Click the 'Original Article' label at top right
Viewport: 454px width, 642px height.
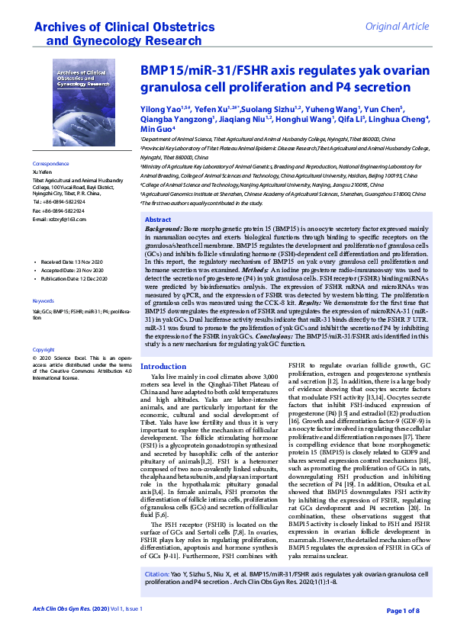(x=398, y=27)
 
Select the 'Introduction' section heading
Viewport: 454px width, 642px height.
(x=163, y=367)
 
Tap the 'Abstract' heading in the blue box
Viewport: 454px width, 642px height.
(x=158, y=220)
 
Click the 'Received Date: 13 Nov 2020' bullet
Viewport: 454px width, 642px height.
(x=72, y=262)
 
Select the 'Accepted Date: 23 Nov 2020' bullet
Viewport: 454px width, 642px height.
(x=72, y=271)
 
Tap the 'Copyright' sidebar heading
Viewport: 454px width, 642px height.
(x=43, y=350)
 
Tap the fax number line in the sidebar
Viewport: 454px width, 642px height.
(x=58, y=210)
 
